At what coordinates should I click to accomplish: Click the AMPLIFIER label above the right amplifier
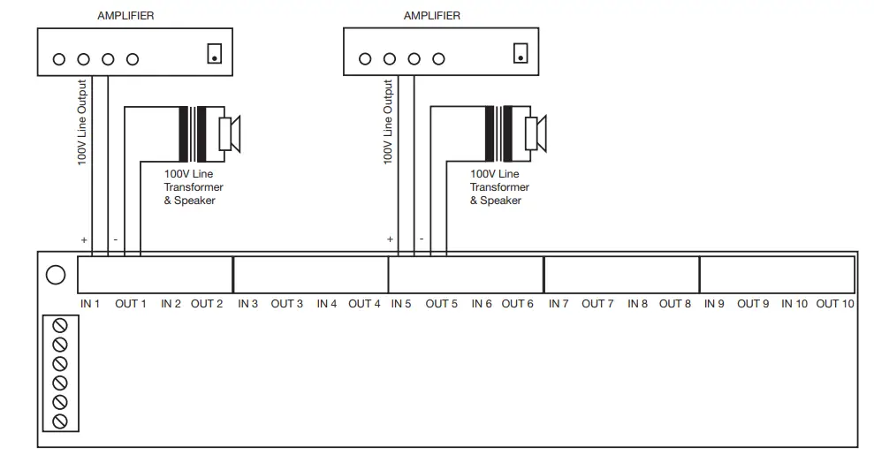pyautogui.click(x=431, y=16)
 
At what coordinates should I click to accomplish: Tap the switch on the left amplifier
pyautogui.click(x=214, y=53)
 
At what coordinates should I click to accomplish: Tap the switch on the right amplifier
pyautogui.click(x=521, y=53)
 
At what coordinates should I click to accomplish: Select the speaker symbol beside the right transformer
pyautogui.click(x=536, y=133)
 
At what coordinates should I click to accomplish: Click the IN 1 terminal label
pyautogui.click(x=90, y=304)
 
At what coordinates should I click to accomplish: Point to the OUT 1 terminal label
pyautogui.click(x=131, y=304)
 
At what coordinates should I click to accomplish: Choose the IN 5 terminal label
pyautogui.click(x=400, y=304)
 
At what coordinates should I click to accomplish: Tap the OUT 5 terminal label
pyautogui.click(x=441, y=304)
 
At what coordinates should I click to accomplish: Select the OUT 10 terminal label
pyautogui.click(x=835, y=304)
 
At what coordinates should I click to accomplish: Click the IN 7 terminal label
pyautogui.click(x=559, y=304)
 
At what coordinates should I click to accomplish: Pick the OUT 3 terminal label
pyautogui.click(x=286, y=304)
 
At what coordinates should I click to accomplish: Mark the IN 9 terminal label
pyautogui.click(x=714, y=304)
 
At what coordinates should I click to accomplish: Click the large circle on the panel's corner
pyautogui.click(x=56, y=276)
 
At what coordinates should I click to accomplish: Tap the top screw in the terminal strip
pyautogui.click(x=60, y=325)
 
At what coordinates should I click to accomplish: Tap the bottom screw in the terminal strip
pyautogui.click(x=60, y=421)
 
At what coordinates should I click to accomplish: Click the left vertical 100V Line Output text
pyautogui.click(x=82, y=123)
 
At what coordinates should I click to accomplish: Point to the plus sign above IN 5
pyautogui.click(x=390, y=239)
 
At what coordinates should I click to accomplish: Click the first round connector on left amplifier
pyautogui.click(x=59, y=60)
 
